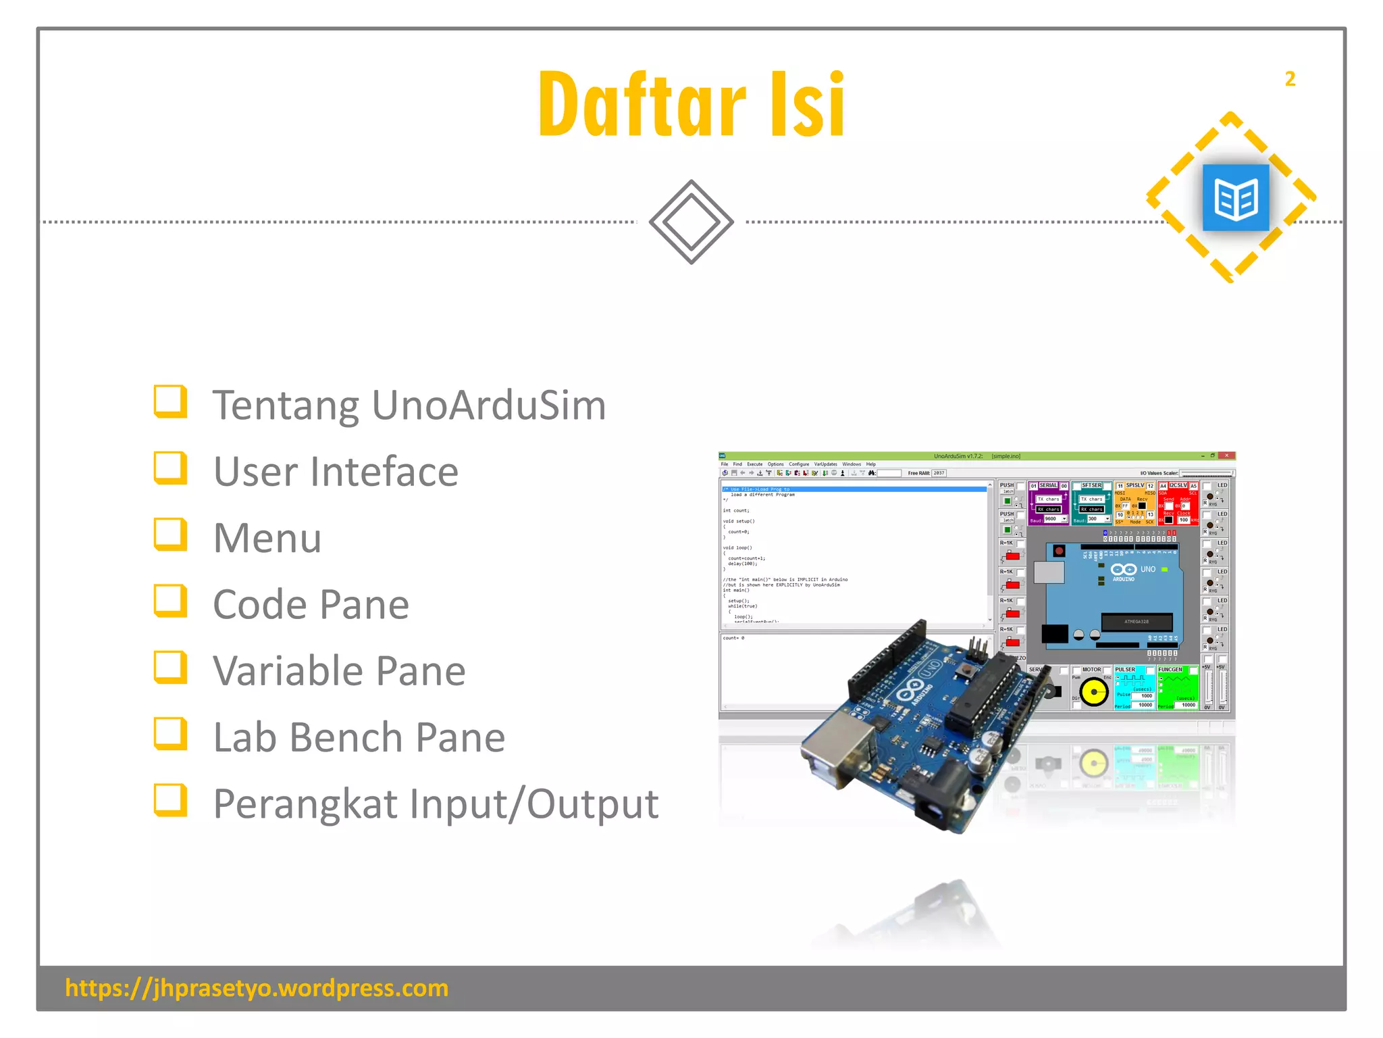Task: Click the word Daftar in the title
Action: point(642,105)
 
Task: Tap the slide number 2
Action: point(1290,79)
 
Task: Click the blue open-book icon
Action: point(1236,198)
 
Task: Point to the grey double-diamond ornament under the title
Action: point(691,222)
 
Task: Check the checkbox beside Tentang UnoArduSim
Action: point(169,401)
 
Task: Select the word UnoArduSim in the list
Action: point(488,405)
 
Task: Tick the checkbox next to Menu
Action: point(169,534)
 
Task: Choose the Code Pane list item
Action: point(311,604)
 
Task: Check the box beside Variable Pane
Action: point(169,667)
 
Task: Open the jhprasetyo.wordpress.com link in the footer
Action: point(257,988)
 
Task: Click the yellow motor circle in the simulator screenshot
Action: point(1093,692)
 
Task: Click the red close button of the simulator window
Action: point(1227,456)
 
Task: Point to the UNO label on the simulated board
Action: point(1147,570)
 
